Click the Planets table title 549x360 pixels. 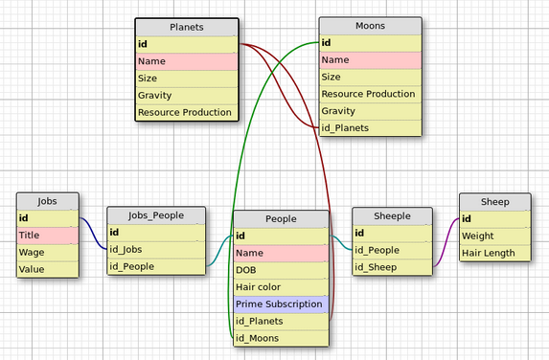pyautogui.click(x=186, y=27)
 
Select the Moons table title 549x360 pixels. pyautogui.click(x=370, y=26)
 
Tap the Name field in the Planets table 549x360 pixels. pyautogui.click(x=186, y=61)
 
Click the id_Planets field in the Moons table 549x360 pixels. pyautogui.click(x=370, y=128)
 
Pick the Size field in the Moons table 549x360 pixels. pyautogui.click(x=370, y=78)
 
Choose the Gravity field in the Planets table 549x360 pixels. pyautogui.click(x=186, y=96)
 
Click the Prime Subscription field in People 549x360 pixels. pyautogui.click(x=281, y=304)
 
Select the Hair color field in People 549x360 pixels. pyautogui.click(x=281, y=287)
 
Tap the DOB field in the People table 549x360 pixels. pyautogui.click(x=281, y=270)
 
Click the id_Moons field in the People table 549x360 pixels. pyautogui.click(x=281, y=339)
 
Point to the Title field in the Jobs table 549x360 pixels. pyautogui.click(x=47, y=236)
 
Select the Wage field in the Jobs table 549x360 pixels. pyautogui.click(x=47, y=253)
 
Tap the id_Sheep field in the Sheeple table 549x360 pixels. pyautogui.click(x=388, y=267)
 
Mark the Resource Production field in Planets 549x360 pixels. pyautogui.click(x=186, y=113)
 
